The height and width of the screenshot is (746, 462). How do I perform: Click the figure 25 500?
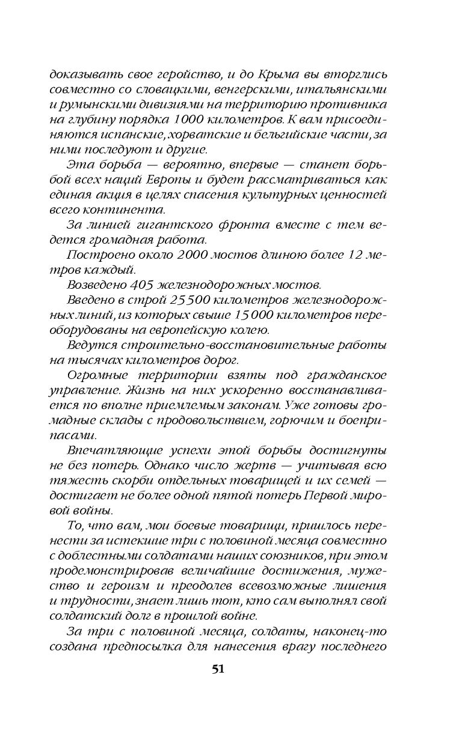click(x=171, y=300)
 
